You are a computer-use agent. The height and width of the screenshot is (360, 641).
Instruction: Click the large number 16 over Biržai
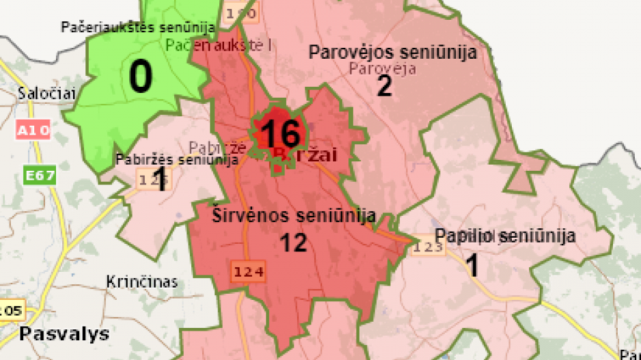point(280,134)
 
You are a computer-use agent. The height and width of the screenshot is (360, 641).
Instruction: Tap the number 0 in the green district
point(141,77)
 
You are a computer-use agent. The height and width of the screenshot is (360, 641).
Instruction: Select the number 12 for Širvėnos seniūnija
point(293,243)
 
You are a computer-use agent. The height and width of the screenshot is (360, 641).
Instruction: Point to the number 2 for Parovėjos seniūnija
point(385,87)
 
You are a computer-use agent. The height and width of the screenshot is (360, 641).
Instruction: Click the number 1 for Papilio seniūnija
point(472,266)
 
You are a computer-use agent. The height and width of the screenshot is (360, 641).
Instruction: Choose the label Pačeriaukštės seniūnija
point(137,28)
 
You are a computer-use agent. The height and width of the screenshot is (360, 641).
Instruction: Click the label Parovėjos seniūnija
point(392,52)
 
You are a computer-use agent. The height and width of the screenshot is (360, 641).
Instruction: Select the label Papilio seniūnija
point(504,236)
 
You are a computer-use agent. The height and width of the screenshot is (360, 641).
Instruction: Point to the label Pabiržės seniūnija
point(177,160)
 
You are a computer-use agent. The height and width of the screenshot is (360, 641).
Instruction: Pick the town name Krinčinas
point(142,281)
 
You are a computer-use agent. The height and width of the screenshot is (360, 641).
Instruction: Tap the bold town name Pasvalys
point(55,334)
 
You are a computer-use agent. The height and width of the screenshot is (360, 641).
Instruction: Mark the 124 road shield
point(247,271)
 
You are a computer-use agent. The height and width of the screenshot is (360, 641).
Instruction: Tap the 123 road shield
point(428,247)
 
